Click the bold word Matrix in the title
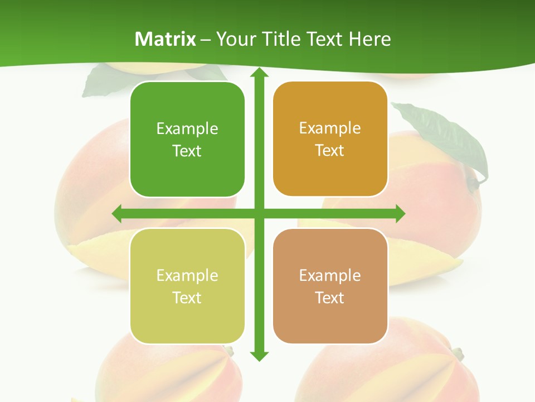[x=166, y=39]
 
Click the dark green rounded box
[x=187, y=140]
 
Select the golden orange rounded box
[x=330, y=139]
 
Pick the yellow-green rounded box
[x=187, y=286]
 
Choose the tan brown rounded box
[x=330, y=286]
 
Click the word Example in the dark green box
[x=187, y=129]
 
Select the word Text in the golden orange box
[x=329, y=151]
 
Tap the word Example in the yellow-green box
[x=187, y=276]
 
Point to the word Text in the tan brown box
[x=329, y=298]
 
